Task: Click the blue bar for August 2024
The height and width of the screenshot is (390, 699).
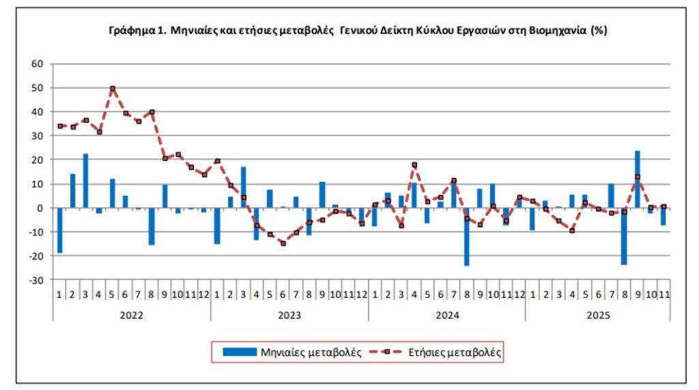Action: [466, 236]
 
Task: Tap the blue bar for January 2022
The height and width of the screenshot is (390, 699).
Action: [60, 230]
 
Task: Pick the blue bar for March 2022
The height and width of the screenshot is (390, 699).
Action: [86, 180]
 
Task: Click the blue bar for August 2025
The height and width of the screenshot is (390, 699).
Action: [624, 236]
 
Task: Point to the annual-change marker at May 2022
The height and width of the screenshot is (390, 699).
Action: [113, 88]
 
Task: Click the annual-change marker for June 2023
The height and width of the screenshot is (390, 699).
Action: [283, 243]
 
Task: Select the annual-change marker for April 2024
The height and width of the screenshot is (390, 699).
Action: [414, 165]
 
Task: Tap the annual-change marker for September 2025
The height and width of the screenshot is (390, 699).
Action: [638, 177]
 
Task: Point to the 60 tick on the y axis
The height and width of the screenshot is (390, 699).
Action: [37, 64]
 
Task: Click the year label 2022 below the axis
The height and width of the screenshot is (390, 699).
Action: [132, 316]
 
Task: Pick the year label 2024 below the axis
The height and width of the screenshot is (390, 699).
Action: [447, 316]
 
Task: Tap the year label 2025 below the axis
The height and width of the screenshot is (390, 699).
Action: [598, 316]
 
